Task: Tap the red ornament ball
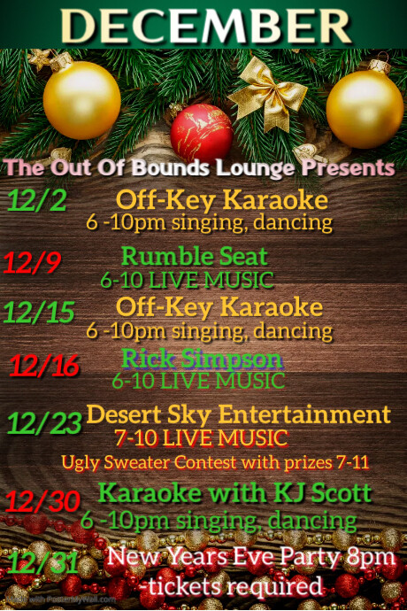click(202, 132)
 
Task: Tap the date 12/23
click(44, 422)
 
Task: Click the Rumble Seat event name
click(195, 257)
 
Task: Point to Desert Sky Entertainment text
click(238, 414)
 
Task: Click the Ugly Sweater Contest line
click(215, 461)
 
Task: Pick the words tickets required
click(231, 585)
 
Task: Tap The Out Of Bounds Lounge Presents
click(199, 167)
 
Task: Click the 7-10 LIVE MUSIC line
click(202, 437)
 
